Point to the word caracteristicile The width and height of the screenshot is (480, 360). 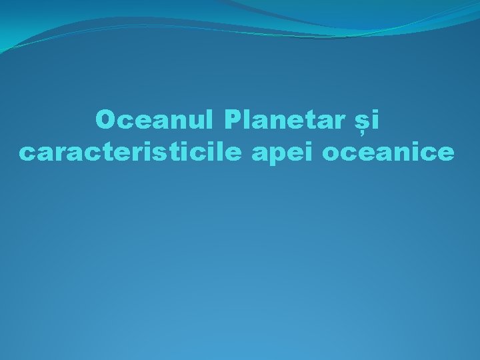tap(132, 153)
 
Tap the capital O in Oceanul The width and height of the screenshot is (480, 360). tap(106, 120)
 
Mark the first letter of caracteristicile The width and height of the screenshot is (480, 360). tap(26, 155)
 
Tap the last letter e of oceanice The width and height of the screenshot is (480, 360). tap(447, 155)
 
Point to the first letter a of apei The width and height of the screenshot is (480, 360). tap(259, 155)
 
